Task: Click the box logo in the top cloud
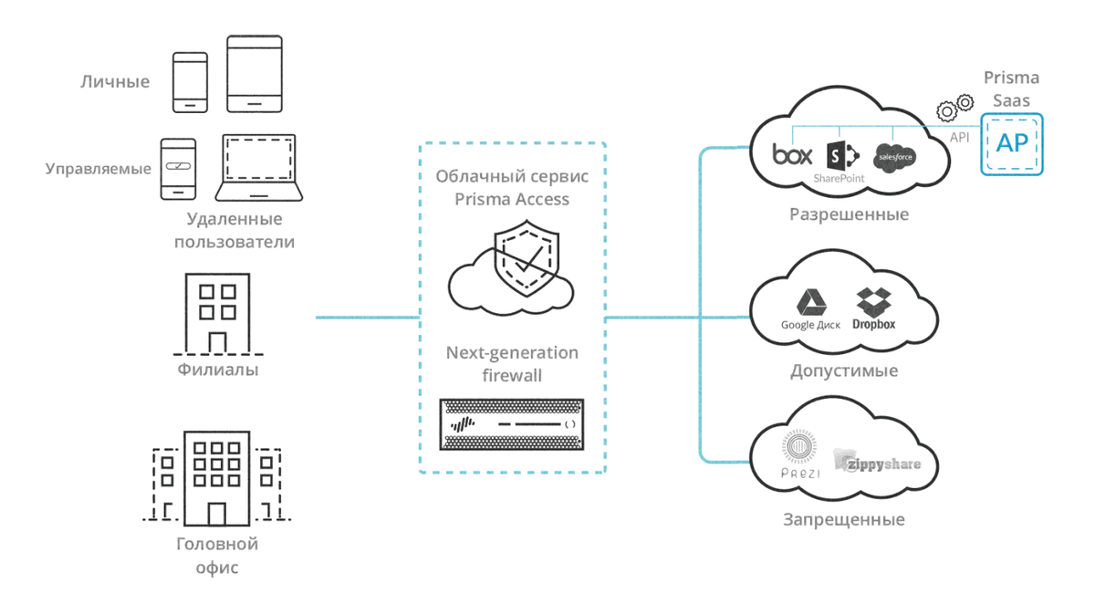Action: pyautogui.click(x=792, y=155)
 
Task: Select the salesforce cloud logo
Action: pyautogui.click(x=893, y=157)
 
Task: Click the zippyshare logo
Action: pyautogui.click(x=877, y=462)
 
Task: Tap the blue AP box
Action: pyautogui.click(x=1011, y=144)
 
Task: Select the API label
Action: pyautogui.click(x=959, y=138)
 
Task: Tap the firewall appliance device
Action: pyautogui.click(x=511, y=424)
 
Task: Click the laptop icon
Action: pyautogui.click(x=259, y=168)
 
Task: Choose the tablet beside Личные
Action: pyautogui.click(x=255, y=75)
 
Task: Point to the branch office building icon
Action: pyautogui.click(x=217, y=313)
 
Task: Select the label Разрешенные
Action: pyautogui.click(x=849, y=215)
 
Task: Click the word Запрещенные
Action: pyautogui.click(x=844, y=520)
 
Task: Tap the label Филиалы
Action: pyautogui.click(x=217, y=370)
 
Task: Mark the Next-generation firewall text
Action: pyautogui.click(x=512, y=363)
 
